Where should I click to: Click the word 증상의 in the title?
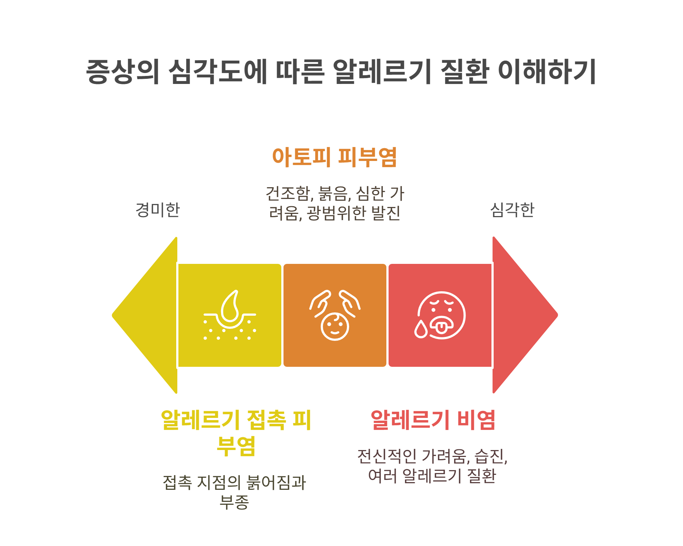[123, 72]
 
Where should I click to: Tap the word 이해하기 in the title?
[547, 72]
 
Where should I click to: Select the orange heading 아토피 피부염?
[335, 157]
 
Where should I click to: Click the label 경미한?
[158, 210]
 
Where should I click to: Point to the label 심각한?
[512, 210]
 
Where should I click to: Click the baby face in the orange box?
[335, 326]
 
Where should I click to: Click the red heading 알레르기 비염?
[433, 420]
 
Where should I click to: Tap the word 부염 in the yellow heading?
[236, 446]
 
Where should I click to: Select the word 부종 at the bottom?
[234, 502]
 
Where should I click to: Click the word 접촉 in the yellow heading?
[267, 420]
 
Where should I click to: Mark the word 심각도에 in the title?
[218, 72]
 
